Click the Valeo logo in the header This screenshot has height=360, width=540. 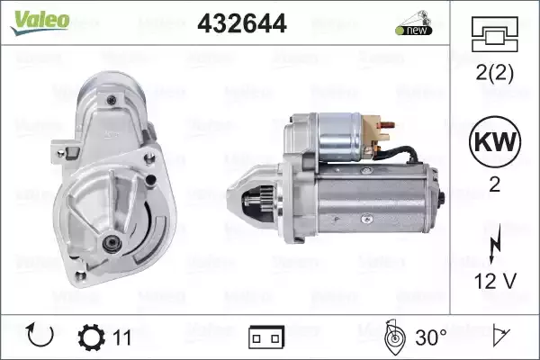pos(40,22)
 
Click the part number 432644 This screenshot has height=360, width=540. pos(242,23)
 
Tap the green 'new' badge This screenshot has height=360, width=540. pos(414,30)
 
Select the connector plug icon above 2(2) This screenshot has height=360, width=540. pos(494,34)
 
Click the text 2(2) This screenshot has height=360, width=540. pos(494,73)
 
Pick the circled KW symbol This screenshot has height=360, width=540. pos(495,141)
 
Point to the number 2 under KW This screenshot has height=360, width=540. pos(494,184)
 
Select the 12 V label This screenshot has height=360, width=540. pos(495,281)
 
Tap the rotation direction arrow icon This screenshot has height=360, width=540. pos(40,335)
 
